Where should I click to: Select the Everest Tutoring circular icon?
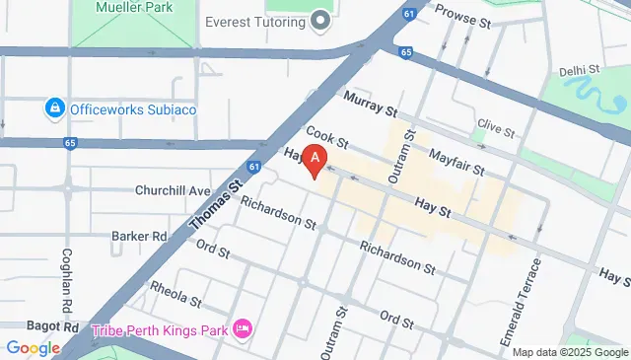coord(320,21)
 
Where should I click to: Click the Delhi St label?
coord(580,70)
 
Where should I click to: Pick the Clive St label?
coord(495,129)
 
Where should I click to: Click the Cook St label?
coord(327,136)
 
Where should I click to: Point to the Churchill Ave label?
coord(175,190)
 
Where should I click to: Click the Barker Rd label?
coord(139,236)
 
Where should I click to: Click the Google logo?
coord(33,347)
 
